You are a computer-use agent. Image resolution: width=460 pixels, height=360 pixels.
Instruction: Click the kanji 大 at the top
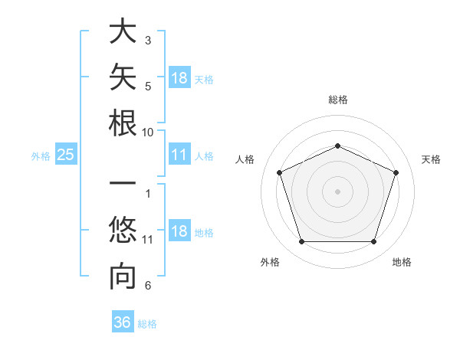[123, 31]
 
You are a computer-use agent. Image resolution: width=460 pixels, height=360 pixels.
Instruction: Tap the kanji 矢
[123, 77]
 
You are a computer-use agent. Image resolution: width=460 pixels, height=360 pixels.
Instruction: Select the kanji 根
[123, 123]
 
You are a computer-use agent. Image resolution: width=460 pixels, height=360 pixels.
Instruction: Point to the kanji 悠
[123, 230]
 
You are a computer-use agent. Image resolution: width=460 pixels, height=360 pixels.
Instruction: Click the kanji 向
[123, 277]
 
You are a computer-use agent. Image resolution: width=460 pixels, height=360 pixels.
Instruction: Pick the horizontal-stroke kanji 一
[123, 183]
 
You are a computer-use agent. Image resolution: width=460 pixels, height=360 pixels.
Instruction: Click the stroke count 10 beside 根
[147, 133]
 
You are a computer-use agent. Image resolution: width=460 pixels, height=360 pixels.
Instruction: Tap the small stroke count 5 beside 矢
[148, 87]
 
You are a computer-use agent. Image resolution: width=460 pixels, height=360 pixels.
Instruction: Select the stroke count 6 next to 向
[148, 285]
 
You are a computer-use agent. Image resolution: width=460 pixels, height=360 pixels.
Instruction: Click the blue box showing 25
[66, 154]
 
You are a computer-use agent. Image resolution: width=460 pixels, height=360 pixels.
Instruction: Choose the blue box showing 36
[123, 321]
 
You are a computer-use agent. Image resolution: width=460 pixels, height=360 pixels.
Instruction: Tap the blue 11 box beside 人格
[179, 154]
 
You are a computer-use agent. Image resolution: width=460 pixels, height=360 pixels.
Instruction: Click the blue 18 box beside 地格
[179, 230]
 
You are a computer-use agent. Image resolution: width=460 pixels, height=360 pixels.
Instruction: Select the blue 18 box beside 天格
[179, 77]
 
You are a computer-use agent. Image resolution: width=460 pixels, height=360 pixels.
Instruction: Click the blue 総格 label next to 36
[147, 324]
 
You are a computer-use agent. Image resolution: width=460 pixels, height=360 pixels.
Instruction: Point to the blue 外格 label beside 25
[41, 156]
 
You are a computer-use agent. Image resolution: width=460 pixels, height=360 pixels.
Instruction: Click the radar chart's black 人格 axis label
[245, 159]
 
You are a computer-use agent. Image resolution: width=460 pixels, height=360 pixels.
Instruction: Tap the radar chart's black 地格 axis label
[402, 262]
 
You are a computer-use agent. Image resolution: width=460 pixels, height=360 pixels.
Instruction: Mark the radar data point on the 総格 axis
[337, 146]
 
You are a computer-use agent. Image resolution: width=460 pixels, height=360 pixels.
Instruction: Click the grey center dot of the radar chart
[337, 191]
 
